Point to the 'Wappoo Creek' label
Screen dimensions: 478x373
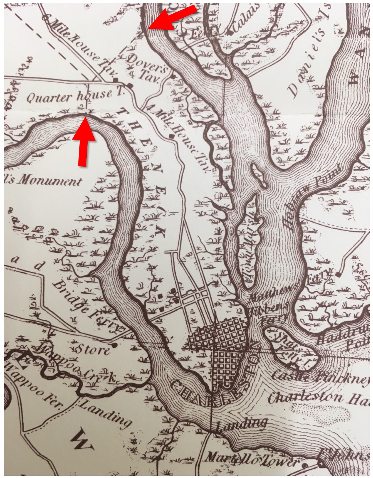coord(77,366)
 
